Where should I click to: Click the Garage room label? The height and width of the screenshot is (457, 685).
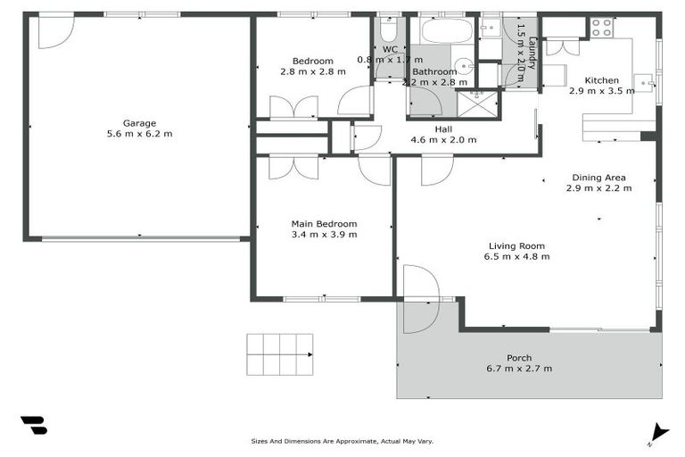pyautogui.click(x=139, y=123)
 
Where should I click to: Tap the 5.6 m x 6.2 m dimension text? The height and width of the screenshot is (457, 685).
pyautogui.click(x=139, y=134)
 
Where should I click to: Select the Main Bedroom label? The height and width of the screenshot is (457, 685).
pyautogui.click(x=324, y=224)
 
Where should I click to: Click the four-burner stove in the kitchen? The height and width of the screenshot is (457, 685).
pyautogui.click(x=602, y=28)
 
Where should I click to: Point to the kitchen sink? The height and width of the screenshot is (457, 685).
pyautogui.click(x=645, y=85)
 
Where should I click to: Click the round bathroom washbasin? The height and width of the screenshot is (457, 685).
pyautogui.click(x=465, y=69)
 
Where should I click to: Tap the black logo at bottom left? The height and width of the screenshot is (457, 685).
pyautogui.click(x=33, y=426)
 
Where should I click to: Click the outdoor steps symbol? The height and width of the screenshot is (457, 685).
pyautogui.click(x=281, y=353)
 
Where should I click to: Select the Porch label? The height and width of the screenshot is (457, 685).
pyautogui.click(x=519, y=357)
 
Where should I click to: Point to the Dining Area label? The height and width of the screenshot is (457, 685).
pyautogui.click(x=598, y=178)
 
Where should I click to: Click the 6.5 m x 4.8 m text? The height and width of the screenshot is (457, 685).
pyautogui.click(x=516, y=256)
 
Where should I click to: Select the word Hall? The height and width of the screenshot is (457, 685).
pyautogui.click(x=443, y=129)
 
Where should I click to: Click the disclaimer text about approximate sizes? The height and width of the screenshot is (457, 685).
pyautogui.click(x=342, y=441)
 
